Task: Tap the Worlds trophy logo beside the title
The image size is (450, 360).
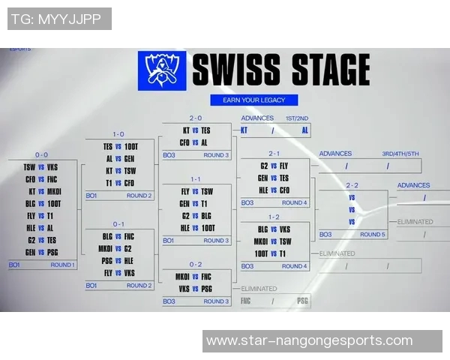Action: click(x=161, y=71)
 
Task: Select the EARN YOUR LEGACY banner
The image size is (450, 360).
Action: click(x=254, y=100)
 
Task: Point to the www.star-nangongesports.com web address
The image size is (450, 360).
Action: click(x=309, y=340)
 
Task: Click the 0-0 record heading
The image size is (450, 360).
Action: click(x=41, y=154)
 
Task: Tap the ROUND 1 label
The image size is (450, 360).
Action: click(x=61, y=265)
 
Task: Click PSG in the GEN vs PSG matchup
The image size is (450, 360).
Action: click(x=52, y=252)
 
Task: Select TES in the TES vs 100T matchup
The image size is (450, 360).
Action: click(x=108, y=147)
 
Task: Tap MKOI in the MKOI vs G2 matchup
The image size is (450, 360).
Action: click(x=105, y=248)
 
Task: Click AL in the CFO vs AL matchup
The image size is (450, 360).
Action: click(x=204, y=142)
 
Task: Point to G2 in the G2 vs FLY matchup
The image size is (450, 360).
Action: click(x=264, y=166)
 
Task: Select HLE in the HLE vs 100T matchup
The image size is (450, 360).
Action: click(x=185, y=227)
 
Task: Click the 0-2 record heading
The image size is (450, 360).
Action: click(x=195, y=264)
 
